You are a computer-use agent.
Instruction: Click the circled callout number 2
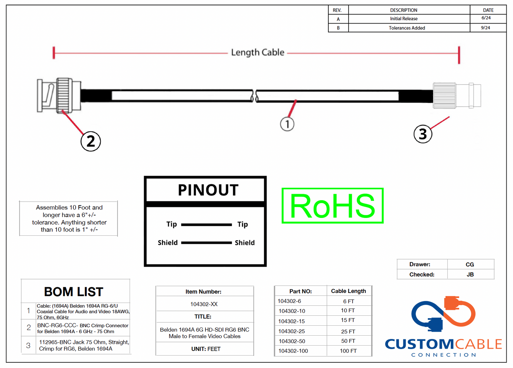91,141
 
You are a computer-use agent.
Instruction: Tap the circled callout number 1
287,124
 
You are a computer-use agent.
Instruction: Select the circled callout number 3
422,134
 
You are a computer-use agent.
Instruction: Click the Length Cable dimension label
258,53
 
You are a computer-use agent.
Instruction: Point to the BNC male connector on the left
58,95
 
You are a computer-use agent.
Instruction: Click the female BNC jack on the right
457,95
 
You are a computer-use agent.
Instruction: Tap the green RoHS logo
332,206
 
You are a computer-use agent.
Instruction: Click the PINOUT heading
208,190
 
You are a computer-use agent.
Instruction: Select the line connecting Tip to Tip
206,224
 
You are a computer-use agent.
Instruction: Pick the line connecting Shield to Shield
206,243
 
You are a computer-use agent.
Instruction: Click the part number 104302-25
291,331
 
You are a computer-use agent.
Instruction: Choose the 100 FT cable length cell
348,351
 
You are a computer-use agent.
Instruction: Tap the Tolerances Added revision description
407,28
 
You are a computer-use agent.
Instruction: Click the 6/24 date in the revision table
486,18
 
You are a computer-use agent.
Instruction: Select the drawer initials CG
470,265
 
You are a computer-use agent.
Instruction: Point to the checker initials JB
470,274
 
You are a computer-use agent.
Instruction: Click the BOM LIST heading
73,292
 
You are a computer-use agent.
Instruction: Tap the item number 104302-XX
204,304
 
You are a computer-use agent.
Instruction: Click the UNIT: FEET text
206,349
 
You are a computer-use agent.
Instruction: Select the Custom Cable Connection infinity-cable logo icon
443,314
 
